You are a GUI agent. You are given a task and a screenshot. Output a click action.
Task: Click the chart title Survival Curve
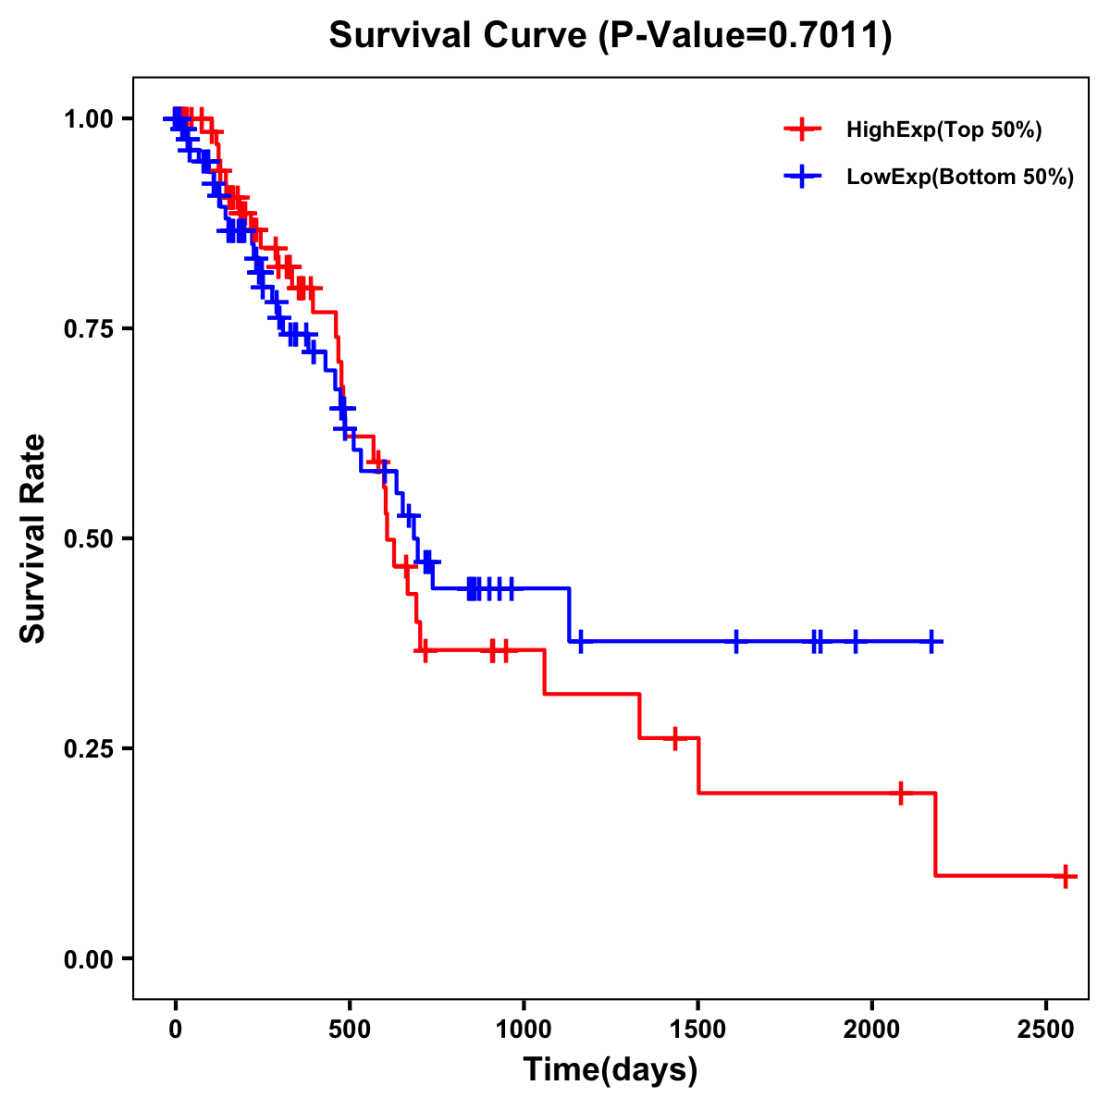tap(610, 36)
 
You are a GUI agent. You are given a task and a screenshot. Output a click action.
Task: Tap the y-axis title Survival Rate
tap(33, 537)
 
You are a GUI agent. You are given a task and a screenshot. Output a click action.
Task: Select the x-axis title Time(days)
tap(610, 1069)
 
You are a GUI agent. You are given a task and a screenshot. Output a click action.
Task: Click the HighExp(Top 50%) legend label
tap(944, 130)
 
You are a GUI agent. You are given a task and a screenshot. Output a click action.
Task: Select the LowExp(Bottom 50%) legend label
tap(960, 178)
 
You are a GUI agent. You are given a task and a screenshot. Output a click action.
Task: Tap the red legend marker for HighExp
tap(802, 129)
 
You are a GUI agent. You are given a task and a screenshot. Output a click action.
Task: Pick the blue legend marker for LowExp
tap(802, 177)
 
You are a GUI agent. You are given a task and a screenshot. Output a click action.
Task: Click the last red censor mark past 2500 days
tap(1066, 875)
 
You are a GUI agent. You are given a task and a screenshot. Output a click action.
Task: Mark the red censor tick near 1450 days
tap(675, 738)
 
